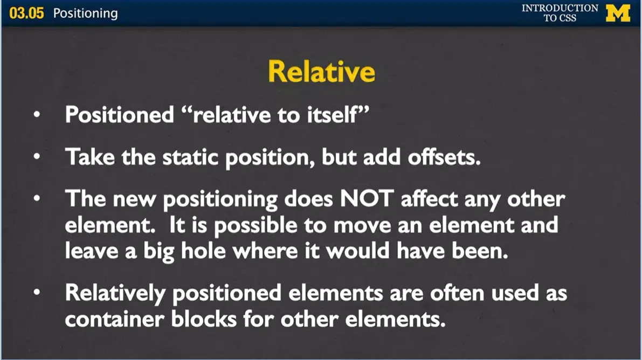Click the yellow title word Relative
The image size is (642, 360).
(x=321, y=72)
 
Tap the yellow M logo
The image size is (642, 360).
(x=618, y=13)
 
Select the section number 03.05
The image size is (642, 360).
(x=26, y=13)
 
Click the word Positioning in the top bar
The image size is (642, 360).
(x=85, y=13)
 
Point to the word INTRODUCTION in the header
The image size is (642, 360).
(x=560, y=8)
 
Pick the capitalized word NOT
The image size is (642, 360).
(x=367, y=198)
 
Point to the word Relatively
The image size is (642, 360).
(x=115, y=293)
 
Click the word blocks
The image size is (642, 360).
(x=204, y=319)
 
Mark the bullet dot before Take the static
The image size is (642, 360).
(x=37, y=156)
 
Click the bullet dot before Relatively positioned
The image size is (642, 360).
(x=37, y=292)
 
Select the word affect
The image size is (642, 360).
(x=429, y=198)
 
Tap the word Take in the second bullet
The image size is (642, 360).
(x=90, y=156)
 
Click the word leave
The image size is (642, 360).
(x=92, y=251)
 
